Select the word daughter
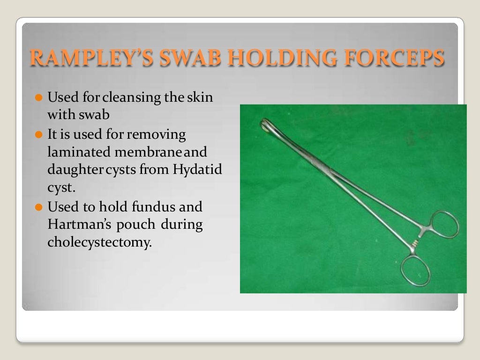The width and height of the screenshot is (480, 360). pos(74,171)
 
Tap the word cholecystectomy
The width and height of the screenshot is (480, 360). pos(100,243)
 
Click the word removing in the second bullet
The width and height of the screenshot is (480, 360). pos(157,135)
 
